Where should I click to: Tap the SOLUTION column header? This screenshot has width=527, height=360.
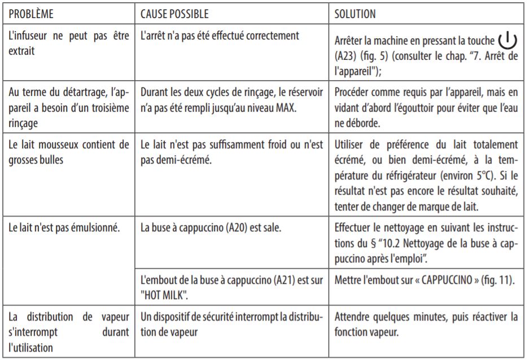pos(355,12)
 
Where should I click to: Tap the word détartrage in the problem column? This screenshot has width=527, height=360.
pos(77,96)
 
